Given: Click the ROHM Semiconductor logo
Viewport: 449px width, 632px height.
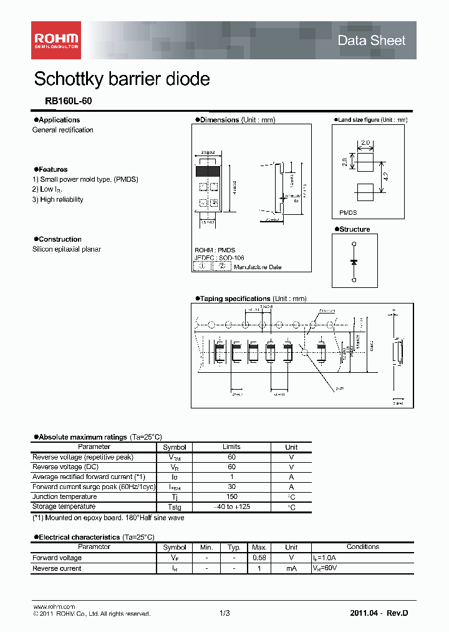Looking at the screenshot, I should click(56, 40).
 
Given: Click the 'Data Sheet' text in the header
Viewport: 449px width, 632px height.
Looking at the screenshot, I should click(371, 41).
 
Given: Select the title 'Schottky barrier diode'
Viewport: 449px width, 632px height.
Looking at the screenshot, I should click(122, 79).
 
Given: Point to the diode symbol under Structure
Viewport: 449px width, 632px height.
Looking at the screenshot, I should click(354, 262).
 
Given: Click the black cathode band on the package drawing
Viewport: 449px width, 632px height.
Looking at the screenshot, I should click(208, 170).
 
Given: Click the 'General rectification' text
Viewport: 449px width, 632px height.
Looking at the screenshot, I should click(63, 130).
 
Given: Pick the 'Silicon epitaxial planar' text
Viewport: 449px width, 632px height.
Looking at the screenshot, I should click(67, 249).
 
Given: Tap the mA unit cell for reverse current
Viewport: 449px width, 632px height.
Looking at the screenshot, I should click(291, 568).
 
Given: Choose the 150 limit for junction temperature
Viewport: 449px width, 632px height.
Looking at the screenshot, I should click(231, 497).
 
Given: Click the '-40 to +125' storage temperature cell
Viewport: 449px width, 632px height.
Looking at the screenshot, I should click(231, 507).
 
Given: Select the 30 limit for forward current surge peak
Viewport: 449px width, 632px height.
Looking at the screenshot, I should click(231, 487).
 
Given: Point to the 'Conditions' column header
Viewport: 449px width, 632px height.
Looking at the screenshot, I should click(362, 547).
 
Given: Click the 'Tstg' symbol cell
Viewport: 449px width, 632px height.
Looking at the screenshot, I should click(175, 507).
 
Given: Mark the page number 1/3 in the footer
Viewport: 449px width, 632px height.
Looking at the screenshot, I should click(224, 613).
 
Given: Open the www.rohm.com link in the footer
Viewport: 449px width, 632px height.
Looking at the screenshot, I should click(54, 606).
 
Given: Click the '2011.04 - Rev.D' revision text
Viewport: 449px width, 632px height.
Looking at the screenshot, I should click(379, 613).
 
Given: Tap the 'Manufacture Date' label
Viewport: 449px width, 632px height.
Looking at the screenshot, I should click(258, 267).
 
